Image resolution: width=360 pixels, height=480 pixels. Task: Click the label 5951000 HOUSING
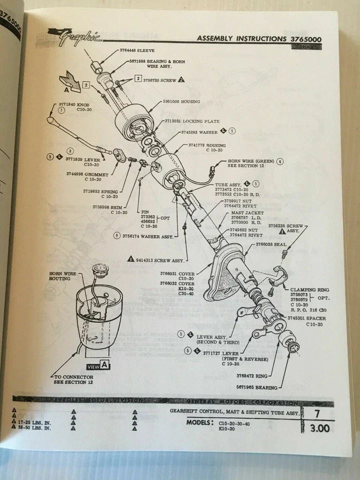click(x=181, y=101)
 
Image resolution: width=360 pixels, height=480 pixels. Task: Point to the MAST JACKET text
click(x=238, y=212)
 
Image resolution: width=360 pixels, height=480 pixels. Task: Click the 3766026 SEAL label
click(x=271, y=244)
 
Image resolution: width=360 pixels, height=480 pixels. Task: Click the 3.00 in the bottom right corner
click(x=320, y=428)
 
